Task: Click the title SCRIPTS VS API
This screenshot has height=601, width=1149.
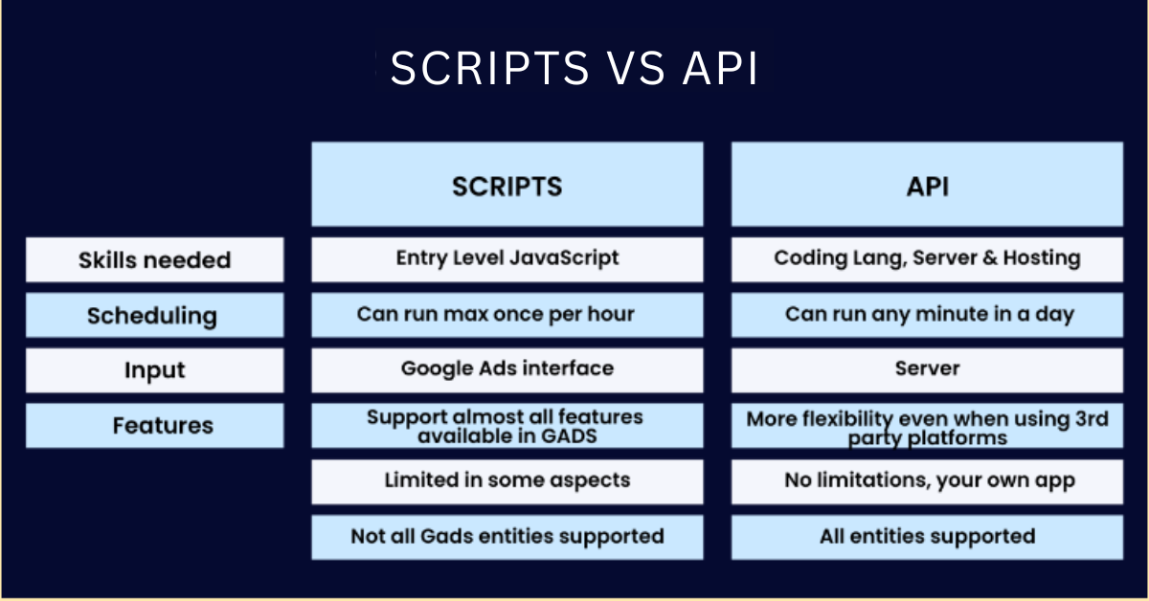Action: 574,68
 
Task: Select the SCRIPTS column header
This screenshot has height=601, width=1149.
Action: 507,184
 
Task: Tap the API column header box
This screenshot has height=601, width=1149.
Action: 928,184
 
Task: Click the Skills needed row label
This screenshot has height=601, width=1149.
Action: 155,259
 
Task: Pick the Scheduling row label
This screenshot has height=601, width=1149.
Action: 155,315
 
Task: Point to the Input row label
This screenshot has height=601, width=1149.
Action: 155,370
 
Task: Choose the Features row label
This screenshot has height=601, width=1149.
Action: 155,426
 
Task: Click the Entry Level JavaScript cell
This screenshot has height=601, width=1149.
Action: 507,259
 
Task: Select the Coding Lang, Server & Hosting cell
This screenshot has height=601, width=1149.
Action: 928,259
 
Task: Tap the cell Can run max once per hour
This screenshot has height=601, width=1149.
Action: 507,315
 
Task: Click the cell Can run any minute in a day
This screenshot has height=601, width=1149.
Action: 928,315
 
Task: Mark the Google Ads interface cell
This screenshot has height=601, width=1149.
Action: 507,370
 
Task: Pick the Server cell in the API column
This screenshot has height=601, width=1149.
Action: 928,370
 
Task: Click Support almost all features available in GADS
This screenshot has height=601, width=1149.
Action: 507,426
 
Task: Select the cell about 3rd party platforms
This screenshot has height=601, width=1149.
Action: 928,426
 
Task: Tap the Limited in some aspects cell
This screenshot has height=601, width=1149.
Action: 507,482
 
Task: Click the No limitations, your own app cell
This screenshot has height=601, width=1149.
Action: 928,482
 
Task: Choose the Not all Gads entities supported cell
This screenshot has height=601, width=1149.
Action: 507,538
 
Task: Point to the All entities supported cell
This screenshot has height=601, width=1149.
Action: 928,538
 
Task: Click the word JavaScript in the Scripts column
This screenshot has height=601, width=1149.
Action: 565,258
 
